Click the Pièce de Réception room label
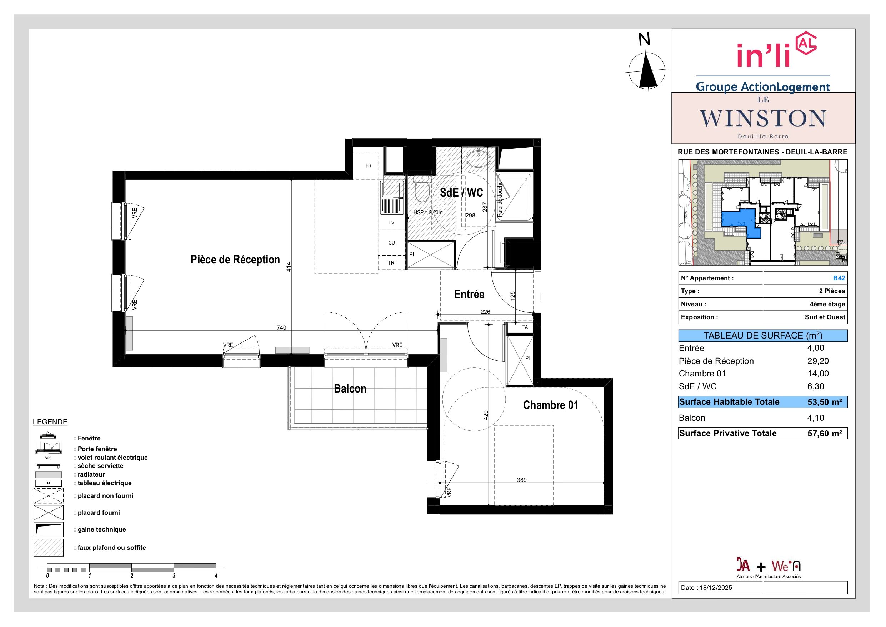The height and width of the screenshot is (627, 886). click(235, 260)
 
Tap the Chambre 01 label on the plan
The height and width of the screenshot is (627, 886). click(551, 405)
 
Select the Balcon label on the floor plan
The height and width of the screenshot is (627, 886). click(350, 389)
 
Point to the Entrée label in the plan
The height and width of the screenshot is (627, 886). click(469, 295)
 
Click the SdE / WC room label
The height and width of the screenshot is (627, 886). click(461, 192)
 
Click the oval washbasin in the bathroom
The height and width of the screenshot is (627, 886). click(478, 158)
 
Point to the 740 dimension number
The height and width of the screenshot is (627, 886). click(281, 327)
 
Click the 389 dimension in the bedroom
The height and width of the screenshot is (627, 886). click(522, 480)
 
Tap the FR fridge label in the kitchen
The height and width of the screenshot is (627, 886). click(369, 166)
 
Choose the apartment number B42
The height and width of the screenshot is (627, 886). click(839, 278)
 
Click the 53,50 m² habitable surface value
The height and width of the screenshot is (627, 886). click(825, 402)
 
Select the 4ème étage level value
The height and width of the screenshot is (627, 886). click(827, 304)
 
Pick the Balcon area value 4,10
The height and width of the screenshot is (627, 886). click(816, 418)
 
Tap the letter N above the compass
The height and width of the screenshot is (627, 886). click(645, 39)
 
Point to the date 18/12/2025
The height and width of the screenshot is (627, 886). click(714, 588)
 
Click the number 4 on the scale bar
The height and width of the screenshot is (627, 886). click(216, 576)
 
